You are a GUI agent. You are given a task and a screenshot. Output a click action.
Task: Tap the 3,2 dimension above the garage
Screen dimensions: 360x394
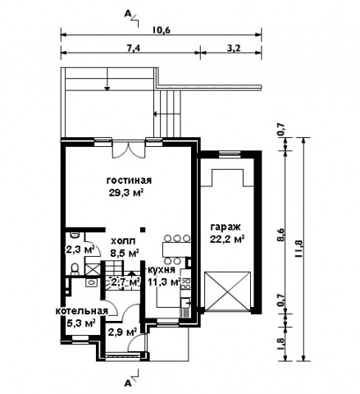(234, 48)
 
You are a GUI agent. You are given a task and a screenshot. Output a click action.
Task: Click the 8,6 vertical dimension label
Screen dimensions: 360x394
(280, 235)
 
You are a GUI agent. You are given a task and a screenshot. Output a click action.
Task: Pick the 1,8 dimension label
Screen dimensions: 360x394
(280, 345)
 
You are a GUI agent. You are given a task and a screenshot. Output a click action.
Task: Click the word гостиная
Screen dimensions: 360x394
(129, 181)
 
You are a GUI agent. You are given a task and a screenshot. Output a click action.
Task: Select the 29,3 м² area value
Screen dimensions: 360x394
(126, 192)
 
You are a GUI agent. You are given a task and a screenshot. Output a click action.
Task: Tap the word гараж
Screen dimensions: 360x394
(226, 227)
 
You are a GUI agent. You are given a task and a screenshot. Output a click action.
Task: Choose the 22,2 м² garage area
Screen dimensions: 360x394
(227, 240)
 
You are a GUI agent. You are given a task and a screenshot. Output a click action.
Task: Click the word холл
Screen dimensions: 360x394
(123, 241)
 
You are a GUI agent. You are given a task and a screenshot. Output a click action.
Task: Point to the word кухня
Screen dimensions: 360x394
(162, 270)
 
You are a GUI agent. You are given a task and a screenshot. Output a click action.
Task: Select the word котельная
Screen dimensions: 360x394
(82, 311)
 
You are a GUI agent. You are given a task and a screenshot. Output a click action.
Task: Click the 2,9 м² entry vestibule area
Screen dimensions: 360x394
(122, 332)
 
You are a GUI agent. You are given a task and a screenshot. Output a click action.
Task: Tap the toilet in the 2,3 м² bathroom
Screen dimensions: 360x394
(75, 269)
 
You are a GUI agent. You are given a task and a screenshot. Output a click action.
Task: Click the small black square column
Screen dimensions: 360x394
(143, 229)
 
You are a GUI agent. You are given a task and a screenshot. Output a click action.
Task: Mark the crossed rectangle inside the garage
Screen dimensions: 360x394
(227, 291)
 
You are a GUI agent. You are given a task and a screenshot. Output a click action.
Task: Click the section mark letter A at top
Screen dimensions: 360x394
(127, 14)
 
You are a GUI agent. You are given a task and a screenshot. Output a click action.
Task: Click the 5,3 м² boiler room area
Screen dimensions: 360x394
(81, 323)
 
